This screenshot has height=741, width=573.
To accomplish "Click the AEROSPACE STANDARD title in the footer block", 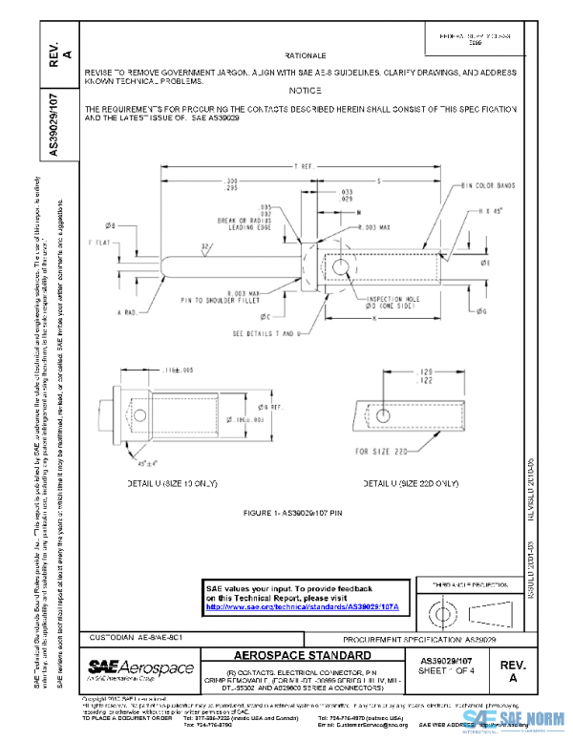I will tap(303, 656).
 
